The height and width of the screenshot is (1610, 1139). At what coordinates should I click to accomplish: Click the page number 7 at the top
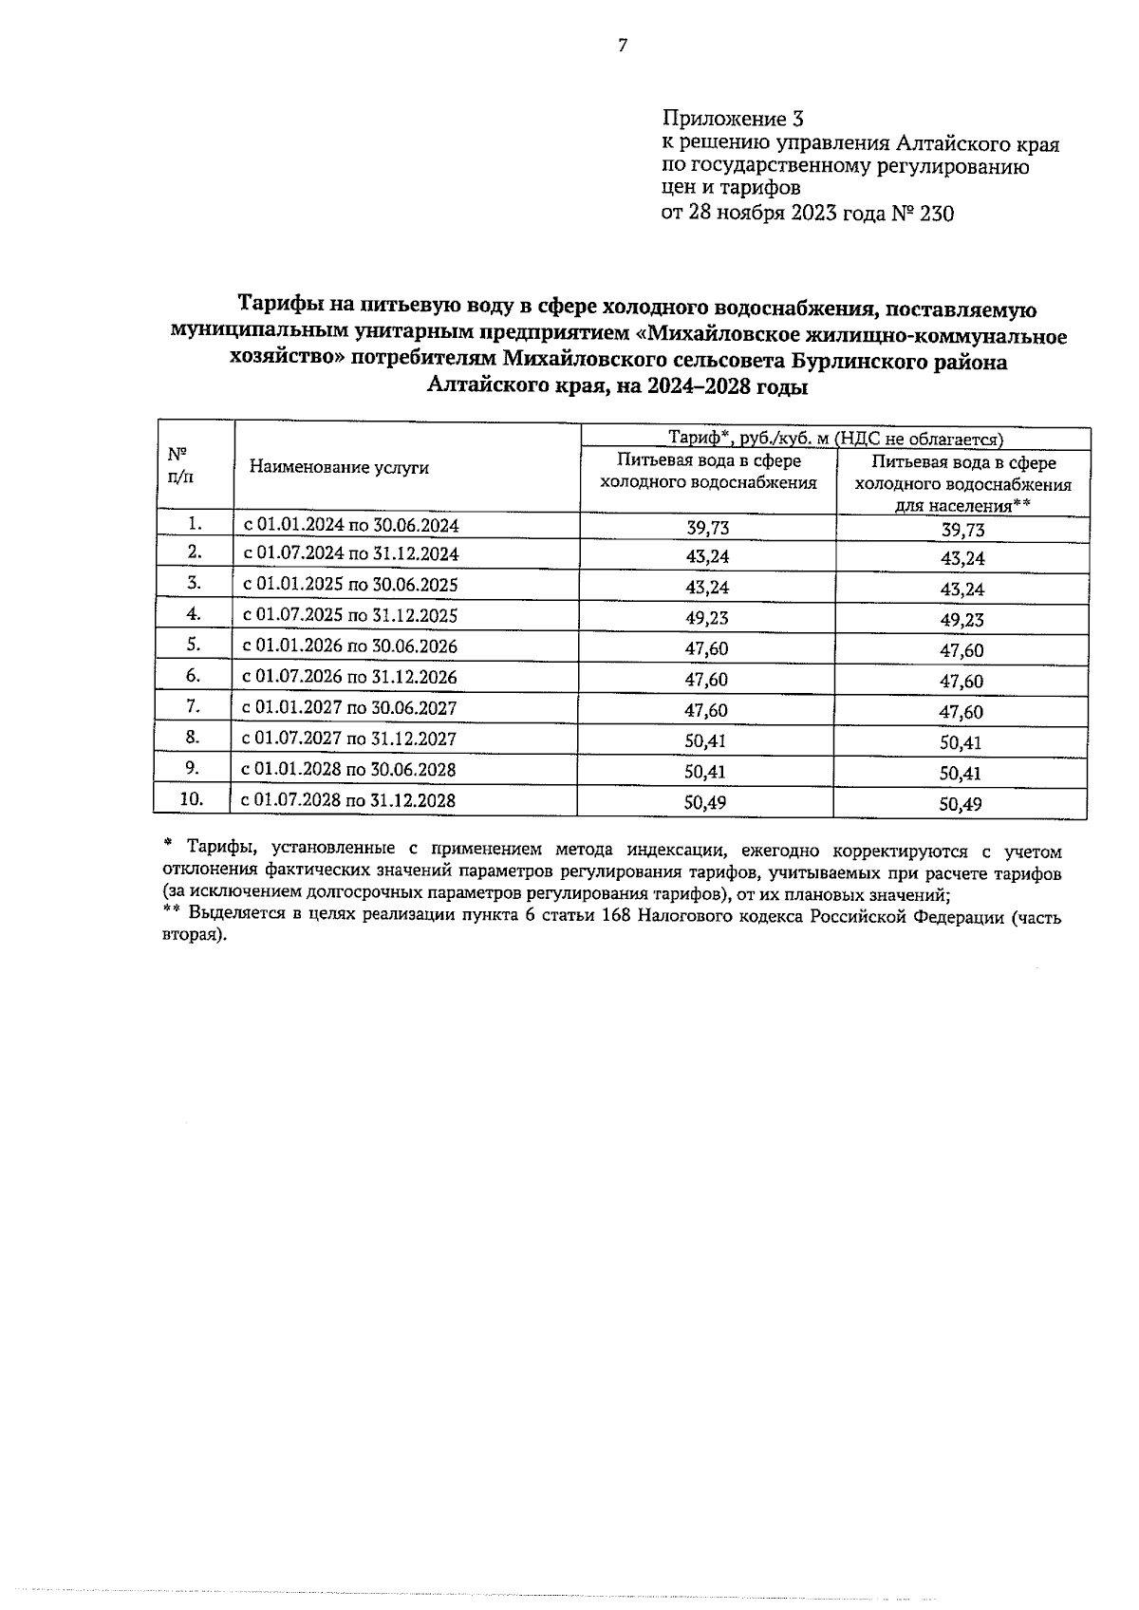[x=623, y=46]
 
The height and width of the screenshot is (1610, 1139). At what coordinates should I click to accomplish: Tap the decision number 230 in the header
[x=936, y=213]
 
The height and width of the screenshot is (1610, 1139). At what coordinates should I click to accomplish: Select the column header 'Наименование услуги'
[x=339, y=467]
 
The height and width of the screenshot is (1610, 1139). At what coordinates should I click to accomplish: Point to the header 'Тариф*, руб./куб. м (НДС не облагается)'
[x=835, y=439]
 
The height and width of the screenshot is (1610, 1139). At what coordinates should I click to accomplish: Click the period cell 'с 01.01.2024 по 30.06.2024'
[x=351, y=525]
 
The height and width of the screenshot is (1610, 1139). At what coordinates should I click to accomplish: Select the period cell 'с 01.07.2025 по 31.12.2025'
[x=350, y=615]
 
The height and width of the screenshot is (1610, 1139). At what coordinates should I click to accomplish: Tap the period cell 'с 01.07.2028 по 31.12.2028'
[x=348, y=800]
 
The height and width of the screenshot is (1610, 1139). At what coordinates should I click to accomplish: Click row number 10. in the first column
[x=192, y=798]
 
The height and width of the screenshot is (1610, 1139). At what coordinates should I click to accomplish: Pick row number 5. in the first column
[x=194, y=645]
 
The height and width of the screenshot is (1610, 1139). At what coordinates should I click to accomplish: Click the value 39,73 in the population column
[x=962, y=531]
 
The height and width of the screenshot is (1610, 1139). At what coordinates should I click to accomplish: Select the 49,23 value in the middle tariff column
[x=707, y=618]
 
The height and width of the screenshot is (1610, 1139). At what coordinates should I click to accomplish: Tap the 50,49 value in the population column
[x=960, y=805]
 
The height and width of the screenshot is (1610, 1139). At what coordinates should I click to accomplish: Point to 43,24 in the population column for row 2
[x=962, y=558]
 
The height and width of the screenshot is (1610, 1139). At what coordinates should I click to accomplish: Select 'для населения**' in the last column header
[x=962, y=505]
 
